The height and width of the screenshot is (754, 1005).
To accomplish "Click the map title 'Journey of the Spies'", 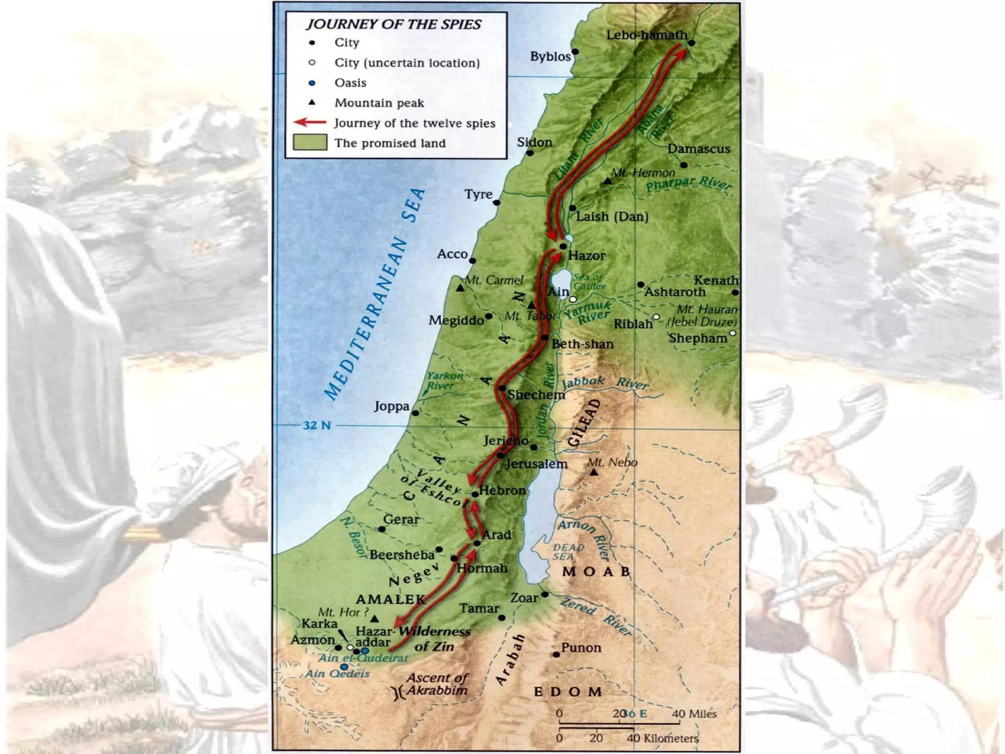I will tap(394, 25).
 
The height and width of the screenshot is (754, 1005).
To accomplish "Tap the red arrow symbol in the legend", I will tap(310, 122).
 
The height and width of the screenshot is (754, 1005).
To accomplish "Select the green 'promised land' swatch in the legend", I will tap(310, 142).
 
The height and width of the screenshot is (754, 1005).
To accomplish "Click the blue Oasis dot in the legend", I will tap(312, 83).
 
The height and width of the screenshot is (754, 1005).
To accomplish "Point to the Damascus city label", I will tap(698, 149).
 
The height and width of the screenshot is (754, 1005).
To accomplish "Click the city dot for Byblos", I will tap(575, 52).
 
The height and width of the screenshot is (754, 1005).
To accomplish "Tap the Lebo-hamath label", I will tap(646, 35).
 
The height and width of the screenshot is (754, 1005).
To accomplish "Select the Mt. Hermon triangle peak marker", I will tap(608, 181).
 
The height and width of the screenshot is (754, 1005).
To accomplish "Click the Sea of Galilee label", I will tap(589, 282).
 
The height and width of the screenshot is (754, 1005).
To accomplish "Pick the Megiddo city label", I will tap(456, 321).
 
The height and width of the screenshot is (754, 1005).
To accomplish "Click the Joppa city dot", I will tap(416, 413).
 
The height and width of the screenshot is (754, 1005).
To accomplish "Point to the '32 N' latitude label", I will tap(317, 425).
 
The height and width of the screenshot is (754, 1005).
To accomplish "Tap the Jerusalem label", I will tap(536, 464).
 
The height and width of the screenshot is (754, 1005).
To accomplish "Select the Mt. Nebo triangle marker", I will tap(594, 472).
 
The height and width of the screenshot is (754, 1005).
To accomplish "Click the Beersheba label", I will tap(402, 555).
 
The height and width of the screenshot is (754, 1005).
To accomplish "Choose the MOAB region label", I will tap(596, 571).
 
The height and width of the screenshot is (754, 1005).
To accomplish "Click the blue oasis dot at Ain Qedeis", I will tap(344, 667).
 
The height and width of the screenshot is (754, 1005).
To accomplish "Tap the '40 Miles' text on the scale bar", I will tap(694, 714).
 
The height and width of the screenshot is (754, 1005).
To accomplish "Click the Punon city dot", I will tap(556, 654).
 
